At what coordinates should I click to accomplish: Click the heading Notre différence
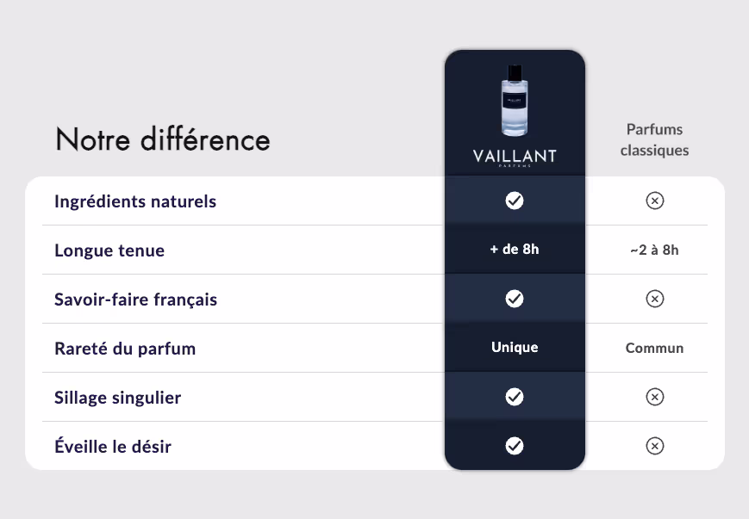(x=163, y=139)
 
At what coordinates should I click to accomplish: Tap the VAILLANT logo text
(x=515, y=156)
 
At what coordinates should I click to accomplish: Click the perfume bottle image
(x=515, y=100)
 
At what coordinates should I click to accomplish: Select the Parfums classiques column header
(x=654, y=139)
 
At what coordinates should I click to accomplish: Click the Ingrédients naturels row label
(x=135, y=201)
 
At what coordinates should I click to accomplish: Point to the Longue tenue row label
(x=109, y=250)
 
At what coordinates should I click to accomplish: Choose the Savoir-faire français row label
(x=135, y=300)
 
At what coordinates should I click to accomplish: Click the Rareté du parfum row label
(x=125, y=349)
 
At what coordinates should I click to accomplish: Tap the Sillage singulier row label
(x=117, y=398)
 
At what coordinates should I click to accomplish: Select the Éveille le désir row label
(x=113, y=447)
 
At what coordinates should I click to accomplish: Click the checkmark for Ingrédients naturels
(x=515, y=201)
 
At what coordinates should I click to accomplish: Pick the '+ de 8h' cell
(x=515, y=249)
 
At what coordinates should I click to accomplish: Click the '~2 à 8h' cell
(x=654, y=250)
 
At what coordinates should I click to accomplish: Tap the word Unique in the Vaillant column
(x=515, y=347)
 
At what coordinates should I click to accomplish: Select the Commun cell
(x=654, y=348)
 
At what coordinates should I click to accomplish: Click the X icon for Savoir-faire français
(x=655, y=299)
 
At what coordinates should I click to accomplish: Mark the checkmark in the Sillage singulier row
(x=515, y=397)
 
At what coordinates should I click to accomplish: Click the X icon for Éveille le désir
(x=655, y=446)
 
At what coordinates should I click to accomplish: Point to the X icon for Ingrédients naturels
(x=655, y=201)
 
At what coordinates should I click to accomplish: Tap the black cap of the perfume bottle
(x=515, y=73)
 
